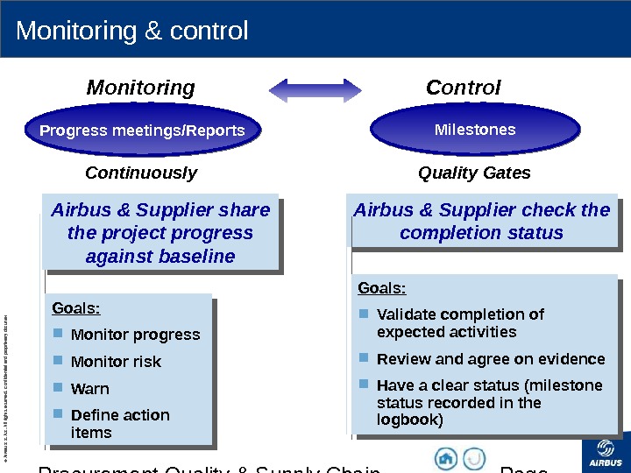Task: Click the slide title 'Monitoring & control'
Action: tap(132, 32)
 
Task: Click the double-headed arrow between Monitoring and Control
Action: tap(315, 88)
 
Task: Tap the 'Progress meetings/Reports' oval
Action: tap(142, 131)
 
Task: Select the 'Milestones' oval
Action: tap(475, 130)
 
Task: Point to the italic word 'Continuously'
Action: tap(141, 173)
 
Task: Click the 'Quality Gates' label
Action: tap(474, 173)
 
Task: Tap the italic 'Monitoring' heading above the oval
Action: tap(140, 88)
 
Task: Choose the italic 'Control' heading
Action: tap(463, 88)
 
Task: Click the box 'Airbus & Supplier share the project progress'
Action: tap(160, 233)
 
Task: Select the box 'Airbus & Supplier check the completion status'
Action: tap(481, 222)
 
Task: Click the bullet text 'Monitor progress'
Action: tap(135, 335)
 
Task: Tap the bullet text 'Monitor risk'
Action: tap(116, 362)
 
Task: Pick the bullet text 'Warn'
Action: tap(89, 388)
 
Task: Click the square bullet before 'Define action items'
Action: tap(58, 413)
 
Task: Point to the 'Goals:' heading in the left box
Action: tap(76, 308)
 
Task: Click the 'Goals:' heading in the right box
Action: tap(381, 288)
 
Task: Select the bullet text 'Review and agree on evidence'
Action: tap(490, 359)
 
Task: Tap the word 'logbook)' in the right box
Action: tap(409, 420)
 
